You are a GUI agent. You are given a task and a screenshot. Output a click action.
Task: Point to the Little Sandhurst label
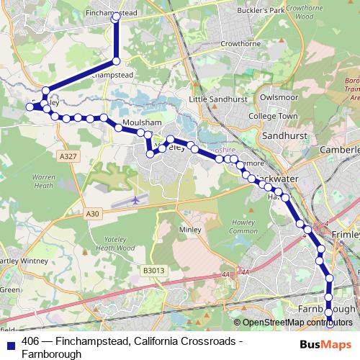[217, 99]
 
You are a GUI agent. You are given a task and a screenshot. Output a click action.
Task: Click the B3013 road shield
[153, 270]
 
